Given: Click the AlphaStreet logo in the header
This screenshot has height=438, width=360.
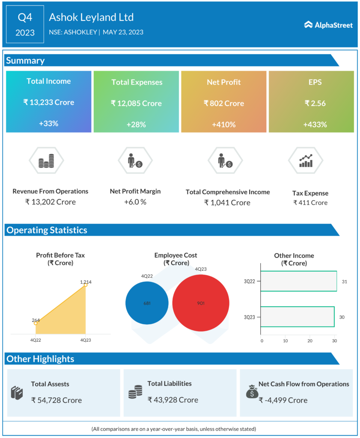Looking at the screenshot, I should point(328,25).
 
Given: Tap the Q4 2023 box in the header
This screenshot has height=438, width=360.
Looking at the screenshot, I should point(25,24).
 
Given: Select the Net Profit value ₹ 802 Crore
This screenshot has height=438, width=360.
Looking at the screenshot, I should point(224,103).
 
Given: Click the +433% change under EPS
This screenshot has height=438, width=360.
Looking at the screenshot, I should point(315,124).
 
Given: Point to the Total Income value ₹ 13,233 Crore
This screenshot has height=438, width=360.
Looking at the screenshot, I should point(48,102).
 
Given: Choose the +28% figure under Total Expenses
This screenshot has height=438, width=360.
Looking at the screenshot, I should point(137,124).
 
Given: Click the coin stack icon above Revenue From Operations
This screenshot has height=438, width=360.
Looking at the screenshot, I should point(46,161).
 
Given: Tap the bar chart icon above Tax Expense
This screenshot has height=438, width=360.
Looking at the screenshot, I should point(306,161).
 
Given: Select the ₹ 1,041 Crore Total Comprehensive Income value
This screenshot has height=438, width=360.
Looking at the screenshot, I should point(227,202).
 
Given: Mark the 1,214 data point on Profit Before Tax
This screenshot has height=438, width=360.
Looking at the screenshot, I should point(85,285).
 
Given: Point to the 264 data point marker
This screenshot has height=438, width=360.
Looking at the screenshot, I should point(36,323).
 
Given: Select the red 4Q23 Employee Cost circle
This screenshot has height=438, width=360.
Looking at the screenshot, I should point(201,303).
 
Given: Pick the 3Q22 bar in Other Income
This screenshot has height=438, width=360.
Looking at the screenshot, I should point(298,281).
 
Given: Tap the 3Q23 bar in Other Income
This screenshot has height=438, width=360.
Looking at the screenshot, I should point(297,317).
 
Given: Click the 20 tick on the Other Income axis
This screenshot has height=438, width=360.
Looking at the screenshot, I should point(310,341).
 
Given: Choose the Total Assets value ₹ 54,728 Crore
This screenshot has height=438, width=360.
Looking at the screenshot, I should point(57,400).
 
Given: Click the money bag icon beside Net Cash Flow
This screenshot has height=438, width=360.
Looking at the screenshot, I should point(251,391).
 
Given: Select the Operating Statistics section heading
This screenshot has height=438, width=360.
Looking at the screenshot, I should point(47,230).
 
